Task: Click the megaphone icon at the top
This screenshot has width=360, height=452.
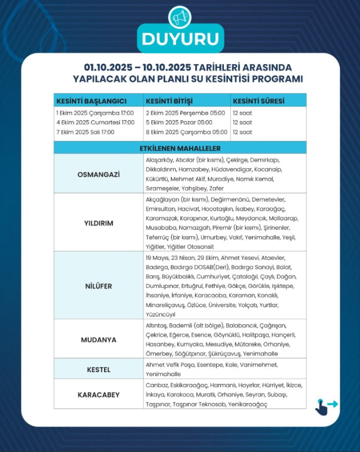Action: (181, 17)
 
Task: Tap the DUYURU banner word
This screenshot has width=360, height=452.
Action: (180, 40)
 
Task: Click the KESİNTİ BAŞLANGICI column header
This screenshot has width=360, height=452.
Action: (91, 101)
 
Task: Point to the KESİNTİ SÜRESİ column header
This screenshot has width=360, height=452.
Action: (258, 101)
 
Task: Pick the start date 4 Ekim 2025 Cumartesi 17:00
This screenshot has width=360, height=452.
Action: (95, 123)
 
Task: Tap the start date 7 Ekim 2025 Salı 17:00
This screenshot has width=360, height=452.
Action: (85, 132)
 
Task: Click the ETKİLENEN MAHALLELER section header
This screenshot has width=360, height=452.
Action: (180, 148)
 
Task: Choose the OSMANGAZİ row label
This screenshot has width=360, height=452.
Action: (98, 174)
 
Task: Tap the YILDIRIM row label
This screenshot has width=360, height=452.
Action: (98, 223)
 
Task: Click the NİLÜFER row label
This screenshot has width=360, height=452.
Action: (98, 286)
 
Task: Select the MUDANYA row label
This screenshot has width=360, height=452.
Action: (98, 339)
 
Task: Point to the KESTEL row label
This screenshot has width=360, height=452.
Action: (98, 369)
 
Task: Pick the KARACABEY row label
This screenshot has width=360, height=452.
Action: (98, 395)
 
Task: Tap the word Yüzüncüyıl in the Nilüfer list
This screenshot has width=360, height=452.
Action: (160, 314)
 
